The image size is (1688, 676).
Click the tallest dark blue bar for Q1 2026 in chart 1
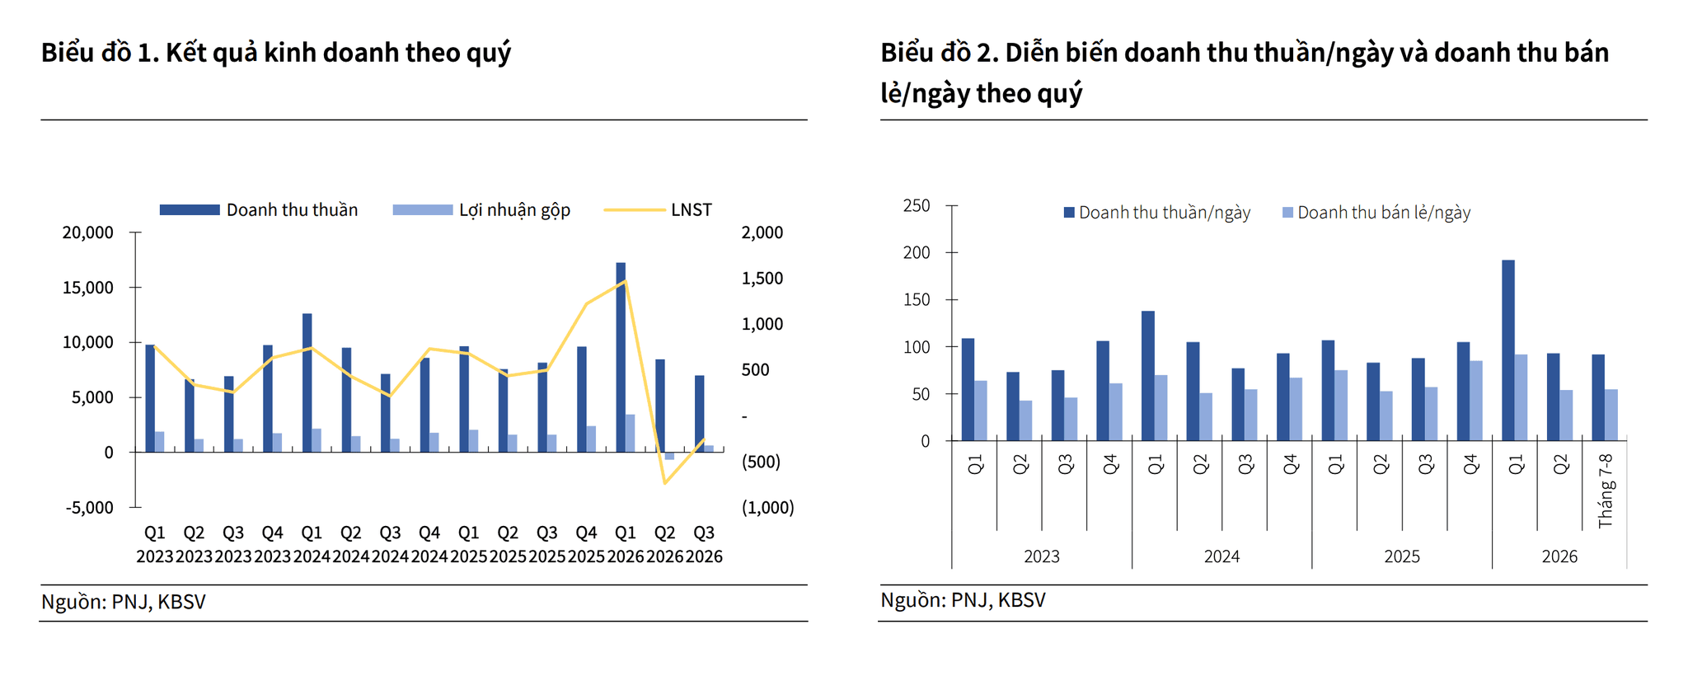[x=621, y=357]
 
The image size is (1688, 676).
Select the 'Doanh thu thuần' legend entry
[x=259, y=210]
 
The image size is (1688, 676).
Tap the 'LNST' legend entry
[x=658, y=210]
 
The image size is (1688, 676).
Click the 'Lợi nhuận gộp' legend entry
[x=481, y=210]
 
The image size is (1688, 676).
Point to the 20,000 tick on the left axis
[x=88, y=232]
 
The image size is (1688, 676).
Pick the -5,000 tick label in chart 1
[x=90, y=508]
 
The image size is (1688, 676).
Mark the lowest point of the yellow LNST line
[x=664, y=483]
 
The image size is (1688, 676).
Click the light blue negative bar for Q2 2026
[x=669, y=456]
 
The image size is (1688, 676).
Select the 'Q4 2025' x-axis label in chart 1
[x=586, y=544]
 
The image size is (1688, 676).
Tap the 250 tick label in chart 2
[x=917, y=205]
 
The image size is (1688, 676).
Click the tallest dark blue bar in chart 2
[x=1508, y=350]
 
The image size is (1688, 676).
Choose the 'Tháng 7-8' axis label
[x=1606, y=491]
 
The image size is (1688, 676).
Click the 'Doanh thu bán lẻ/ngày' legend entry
[x=1376, y=213]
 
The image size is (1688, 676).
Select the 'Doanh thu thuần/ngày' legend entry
[x=1157, y=213]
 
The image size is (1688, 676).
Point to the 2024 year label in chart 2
[x=1221, y=556]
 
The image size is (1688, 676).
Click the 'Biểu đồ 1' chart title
[x=276, y=53]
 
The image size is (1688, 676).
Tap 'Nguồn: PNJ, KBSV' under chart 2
[x=963, y=600]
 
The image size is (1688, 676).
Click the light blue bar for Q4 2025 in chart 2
[x=1476, y=401]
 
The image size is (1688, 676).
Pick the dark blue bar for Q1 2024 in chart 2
[x=1148, y=376]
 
